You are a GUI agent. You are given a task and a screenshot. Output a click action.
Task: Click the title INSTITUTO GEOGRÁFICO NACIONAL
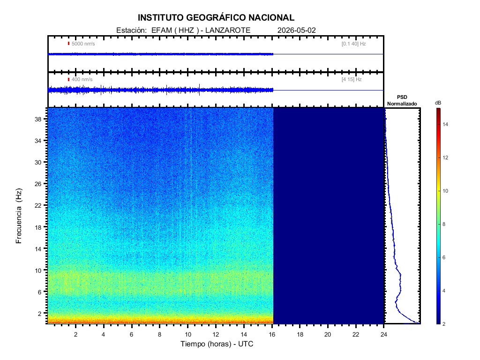[216, 18]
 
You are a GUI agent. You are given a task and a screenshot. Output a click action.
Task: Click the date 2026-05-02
[296, 30]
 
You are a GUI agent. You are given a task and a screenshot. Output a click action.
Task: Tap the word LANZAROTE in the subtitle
[228, 30]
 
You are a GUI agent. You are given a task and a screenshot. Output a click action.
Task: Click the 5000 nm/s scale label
[83, 44]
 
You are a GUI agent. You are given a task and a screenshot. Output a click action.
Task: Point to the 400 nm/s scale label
[82, 80]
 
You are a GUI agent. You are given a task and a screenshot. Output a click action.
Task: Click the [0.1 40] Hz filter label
[353, 44]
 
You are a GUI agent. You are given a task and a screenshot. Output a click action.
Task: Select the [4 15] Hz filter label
[352, 80]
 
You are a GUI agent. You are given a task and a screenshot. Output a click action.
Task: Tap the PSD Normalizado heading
[402, 100]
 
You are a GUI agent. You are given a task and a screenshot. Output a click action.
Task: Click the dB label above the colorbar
[438, 103]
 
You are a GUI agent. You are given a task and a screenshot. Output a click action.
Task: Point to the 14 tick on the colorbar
[445, 124]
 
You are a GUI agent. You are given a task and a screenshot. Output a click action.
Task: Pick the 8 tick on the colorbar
[444, 224]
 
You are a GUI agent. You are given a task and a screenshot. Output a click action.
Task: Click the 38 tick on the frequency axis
[38, 119]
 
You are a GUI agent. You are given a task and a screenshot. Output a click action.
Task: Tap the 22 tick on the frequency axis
[38, 205]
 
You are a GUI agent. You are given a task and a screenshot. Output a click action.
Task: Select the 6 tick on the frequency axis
[39, 292]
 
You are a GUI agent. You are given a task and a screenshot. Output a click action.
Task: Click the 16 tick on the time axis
[272, 334]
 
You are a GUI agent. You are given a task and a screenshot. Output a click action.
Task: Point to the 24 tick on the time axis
[384, 334]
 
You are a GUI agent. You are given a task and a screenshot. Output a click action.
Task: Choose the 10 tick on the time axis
[188, 334]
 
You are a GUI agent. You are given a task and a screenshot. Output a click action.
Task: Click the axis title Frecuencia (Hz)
[19, 216]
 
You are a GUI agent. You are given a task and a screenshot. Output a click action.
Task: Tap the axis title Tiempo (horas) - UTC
[217, 344]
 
